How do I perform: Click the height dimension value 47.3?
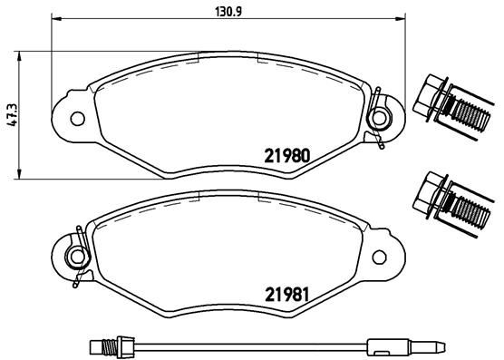click(12, 114)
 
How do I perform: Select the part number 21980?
click(288, 153)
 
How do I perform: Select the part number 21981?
click(288, 294)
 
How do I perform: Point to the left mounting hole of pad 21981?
click(77, 256)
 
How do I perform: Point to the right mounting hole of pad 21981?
click(380, 256)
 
